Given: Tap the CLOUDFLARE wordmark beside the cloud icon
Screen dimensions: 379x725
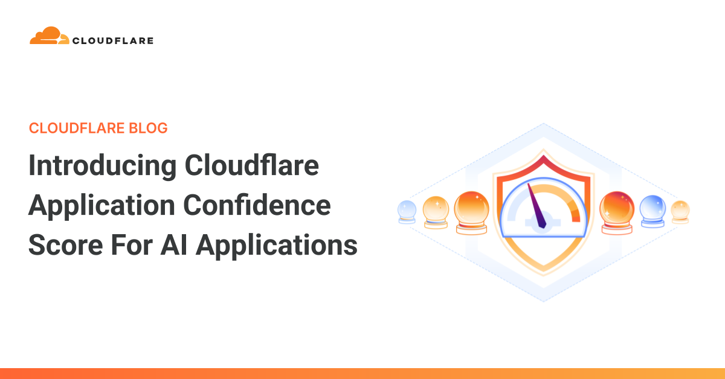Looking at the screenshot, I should point(113,41).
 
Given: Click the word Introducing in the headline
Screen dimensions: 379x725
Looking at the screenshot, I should point(102,166).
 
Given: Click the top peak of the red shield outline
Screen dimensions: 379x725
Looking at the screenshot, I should point(544,158).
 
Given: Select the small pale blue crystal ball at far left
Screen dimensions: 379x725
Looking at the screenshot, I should point(407,211).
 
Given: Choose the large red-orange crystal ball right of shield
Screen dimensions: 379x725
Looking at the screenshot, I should point(616,209).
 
